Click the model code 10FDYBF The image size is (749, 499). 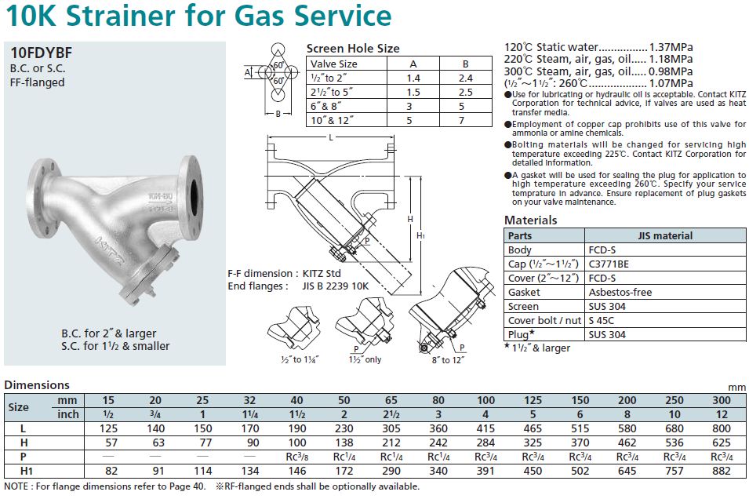42,53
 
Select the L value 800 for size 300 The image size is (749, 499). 719,428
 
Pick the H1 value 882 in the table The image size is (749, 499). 719,471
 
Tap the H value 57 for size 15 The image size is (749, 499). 111,443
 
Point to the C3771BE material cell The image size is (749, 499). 608,264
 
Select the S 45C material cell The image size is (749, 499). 604,320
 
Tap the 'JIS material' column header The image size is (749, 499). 665,235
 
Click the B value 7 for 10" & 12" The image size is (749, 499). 465,120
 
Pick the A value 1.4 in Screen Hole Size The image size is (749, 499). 414,78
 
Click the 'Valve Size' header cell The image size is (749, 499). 334,64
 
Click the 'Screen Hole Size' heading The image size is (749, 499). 352,49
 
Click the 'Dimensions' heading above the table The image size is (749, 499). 37,384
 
